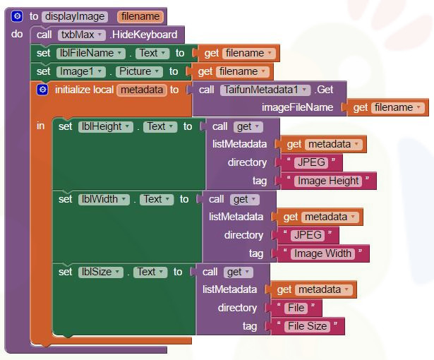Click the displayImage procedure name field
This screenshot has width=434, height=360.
(x=75, y=16)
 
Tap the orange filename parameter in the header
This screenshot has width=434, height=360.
(x=140, y=16)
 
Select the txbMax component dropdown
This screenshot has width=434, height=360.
(x=81, y=35)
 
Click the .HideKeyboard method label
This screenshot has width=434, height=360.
(x=143, y=35)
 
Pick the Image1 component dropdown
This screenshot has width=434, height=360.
(x=81, y=71)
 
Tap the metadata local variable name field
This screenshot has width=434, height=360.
(x=142, y=90)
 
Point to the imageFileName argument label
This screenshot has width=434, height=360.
(x=297, y=107)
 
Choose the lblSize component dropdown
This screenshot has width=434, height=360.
(x=101, y=272)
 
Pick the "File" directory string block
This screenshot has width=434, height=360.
(x=295, y=308)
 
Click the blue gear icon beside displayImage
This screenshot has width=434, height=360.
(x=18, y=16)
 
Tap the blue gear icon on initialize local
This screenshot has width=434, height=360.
(x=42, y=90)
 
